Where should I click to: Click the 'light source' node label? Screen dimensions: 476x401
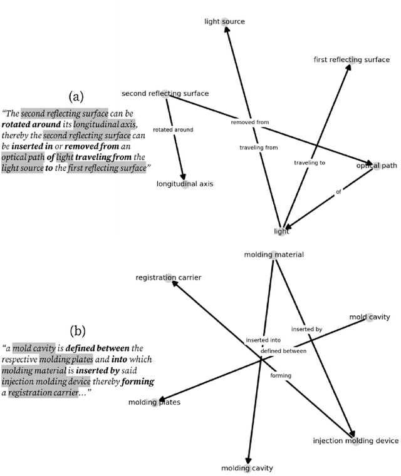point(225,22)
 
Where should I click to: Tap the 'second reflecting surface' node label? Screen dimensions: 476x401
point(165,94)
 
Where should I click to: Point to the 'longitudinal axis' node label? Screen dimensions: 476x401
point(185,185)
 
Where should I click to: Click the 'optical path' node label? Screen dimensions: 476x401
point(377,166)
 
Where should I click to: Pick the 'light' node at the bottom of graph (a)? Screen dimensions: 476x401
point(282,231)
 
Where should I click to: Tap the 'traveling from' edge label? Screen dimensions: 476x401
point(259,148)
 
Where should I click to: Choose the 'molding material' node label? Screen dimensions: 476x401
point(274,255)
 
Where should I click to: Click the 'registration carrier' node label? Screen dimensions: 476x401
point(169,277)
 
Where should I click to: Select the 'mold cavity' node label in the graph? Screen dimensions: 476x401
point(369,318)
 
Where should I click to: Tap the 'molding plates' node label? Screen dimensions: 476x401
point(154,402)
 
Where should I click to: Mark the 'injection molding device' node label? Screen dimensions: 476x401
point(355,441)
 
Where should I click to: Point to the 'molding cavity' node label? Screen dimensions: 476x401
point(247,468)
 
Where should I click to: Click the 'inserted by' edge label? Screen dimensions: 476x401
point(306,328)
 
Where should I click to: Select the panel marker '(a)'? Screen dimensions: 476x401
point(76,96)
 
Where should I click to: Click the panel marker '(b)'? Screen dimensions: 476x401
point(78,330)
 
